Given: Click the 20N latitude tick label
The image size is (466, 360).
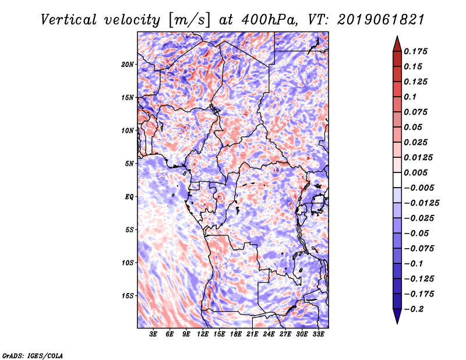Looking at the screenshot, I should pos(128,64).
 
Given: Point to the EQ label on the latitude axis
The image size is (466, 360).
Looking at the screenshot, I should pos(129,196).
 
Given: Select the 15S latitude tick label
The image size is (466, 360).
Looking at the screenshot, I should pos(128,295).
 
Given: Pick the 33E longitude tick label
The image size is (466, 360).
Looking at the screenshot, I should pos(318,334).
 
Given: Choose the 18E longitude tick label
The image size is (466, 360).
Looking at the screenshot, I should pos(235,334).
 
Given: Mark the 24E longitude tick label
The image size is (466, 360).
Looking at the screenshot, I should pos(269,334).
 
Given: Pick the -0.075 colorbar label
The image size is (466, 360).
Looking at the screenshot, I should pos(419,248).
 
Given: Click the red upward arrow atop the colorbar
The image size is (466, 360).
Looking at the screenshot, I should pos(397,43).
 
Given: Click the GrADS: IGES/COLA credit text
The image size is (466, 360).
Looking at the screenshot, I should pos(33,355).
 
